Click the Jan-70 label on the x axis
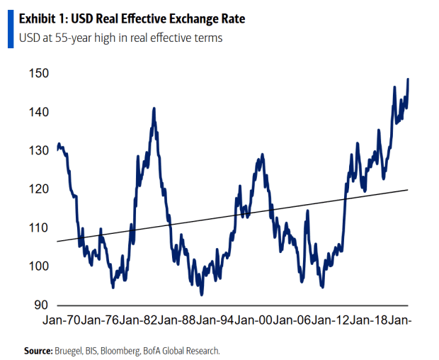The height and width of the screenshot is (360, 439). pos(62,320)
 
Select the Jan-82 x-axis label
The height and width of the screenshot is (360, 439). pos(139,320)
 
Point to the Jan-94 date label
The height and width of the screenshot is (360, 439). pos(215,320)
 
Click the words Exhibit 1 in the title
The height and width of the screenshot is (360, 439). pos(35,18)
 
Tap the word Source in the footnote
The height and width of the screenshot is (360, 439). pos(38,350)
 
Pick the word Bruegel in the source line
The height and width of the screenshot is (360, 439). pos(70,350)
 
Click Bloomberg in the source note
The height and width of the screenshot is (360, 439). pos(129,350)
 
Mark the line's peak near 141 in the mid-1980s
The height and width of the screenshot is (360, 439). pos(154,108)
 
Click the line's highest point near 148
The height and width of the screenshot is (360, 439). pos(408,79)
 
